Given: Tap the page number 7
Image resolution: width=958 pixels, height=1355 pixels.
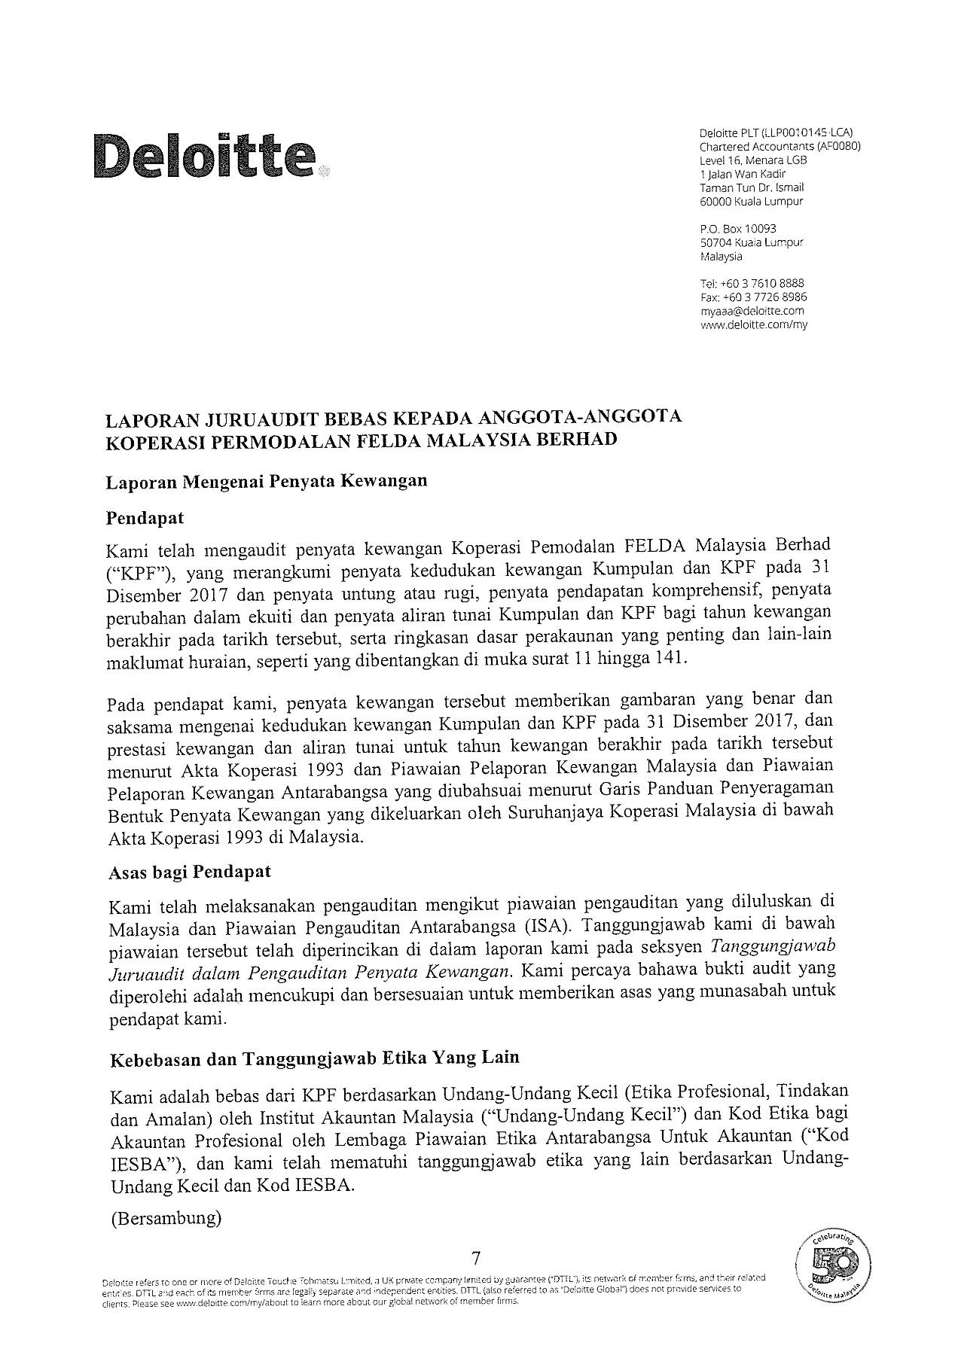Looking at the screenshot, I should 475,1257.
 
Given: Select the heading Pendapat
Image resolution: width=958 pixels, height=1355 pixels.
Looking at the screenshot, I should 145,519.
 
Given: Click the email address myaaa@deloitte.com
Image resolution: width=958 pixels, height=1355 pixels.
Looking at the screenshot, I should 752,311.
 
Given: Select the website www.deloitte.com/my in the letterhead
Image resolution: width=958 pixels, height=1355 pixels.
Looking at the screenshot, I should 753,325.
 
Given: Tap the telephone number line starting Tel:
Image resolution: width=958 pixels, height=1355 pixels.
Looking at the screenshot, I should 752,284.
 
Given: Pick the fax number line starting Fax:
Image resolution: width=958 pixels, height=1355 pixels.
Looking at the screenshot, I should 753,297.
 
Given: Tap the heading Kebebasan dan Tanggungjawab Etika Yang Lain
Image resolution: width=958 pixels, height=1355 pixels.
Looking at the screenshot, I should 315,1058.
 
